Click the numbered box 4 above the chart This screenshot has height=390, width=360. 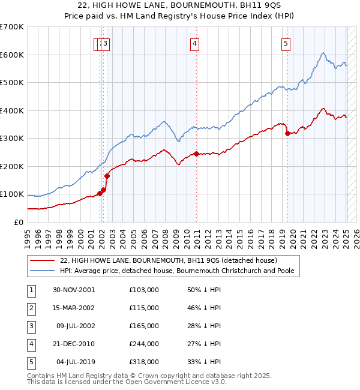196,43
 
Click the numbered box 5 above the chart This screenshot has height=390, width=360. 286,43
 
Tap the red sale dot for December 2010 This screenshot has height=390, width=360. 196,154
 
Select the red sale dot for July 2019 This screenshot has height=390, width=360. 287,133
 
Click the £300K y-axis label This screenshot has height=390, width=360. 12,138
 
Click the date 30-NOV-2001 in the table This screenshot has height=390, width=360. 74,290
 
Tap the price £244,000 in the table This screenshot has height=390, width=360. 144,344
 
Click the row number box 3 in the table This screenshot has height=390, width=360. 31,326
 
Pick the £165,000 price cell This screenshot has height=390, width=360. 144,326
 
